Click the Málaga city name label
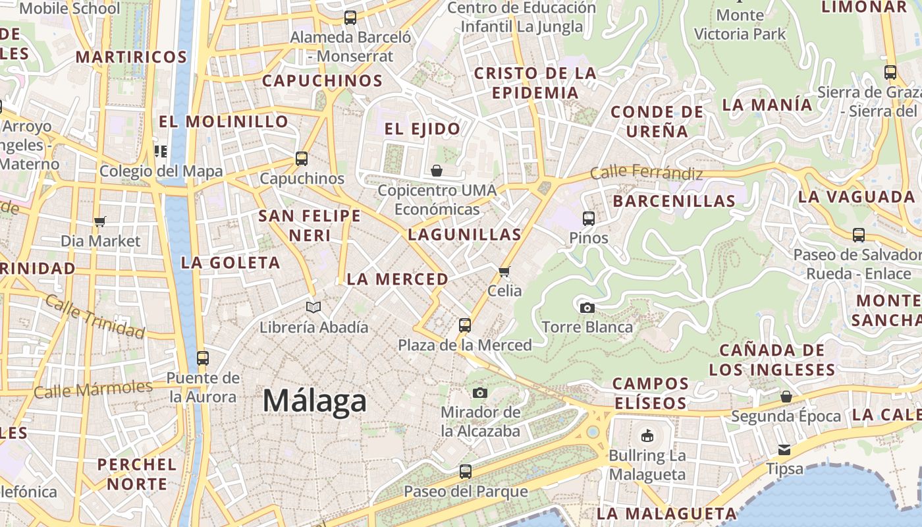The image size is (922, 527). point(315,401)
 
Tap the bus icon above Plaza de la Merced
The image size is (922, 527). point(465,325)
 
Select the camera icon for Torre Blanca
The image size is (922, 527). point(587,308)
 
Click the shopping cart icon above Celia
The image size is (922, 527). point(504,271)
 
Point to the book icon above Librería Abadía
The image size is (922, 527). point(313,307)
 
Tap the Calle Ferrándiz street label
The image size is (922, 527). point(646,173)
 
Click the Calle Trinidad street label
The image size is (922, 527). point(95,317)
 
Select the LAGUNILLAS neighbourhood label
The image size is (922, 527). point(464,235)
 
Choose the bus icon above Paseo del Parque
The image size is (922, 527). point(466,472)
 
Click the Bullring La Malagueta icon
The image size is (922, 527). point(647,435)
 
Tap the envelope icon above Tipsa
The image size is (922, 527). point(784,449)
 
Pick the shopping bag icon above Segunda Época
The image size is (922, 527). point(786,397)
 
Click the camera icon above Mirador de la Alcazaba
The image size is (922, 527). point(480,393)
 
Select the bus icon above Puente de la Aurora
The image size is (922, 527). point(202,358)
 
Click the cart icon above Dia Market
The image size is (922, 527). point(100,221)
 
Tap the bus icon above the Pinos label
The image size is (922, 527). point(589,218)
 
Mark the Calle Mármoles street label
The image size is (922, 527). point(93,389)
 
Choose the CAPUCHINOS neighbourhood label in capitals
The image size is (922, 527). point(322,81)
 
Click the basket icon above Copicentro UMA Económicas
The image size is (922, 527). point(436,171)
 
